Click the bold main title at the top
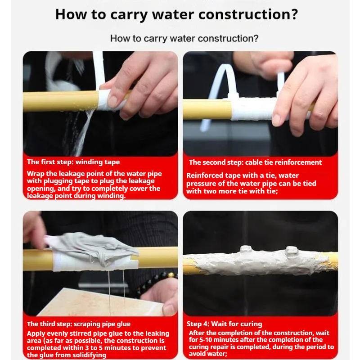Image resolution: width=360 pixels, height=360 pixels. [176, 14]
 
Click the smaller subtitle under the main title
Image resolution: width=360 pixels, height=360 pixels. [184, 39]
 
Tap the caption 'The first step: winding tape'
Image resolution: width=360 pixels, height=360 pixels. [73, 162]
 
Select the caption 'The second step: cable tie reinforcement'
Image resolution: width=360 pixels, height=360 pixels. [255, 162]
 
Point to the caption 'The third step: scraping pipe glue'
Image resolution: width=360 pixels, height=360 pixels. [78, 324]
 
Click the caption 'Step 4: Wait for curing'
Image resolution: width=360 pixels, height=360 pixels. [224, 324]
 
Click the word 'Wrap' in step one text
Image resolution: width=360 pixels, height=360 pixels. [36, 174]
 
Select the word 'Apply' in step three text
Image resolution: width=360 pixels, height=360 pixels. [36, 334]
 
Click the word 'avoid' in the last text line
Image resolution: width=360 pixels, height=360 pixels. [198, 354]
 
